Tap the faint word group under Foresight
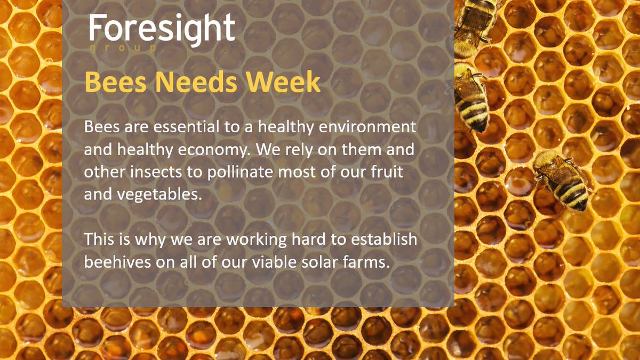[x=123, y=48]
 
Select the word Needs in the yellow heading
[x=196, y=82]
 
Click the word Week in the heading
[x=283, y=82]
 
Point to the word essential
[x=186, y=126]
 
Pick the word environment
[x=367, y=127]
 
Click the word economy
[x=214, y=150]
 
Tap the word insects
[x=156, y=172]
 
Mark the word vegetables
[x=159, y=195]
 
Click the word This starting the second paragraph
[x=99, y=239]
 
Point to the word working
[x=257, y=240]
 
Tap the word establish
[x=383, y=239]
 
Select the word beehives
[x=117, y=262]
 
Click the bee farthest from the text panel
[x=562, y=181]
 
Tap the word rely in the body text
[x=299, y=150]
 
